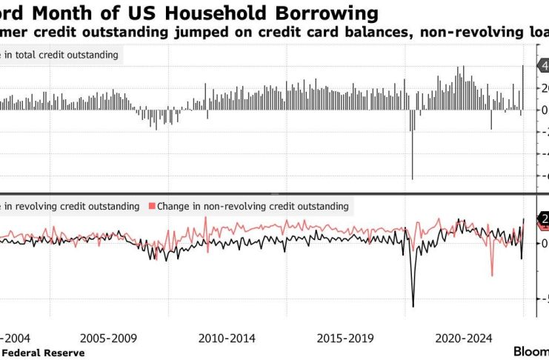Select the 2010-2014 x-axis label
[227, 339]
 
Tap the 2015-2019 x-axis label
[345, 339]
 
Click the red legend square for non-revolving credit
[153, 206]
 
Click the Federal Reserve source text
[42, 353]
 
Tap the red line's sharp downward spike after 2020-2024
[492, 274]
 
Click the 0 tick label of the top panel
[545, 110]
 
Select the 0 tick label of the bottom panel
[545, 244]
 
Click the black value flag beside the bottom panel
[541, 219]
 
